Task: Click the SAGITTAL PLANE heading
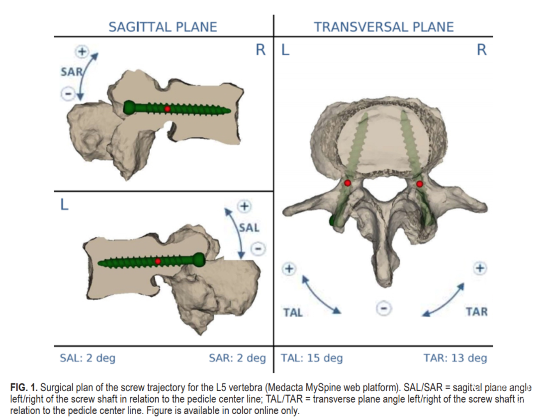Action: [x=163, y=27]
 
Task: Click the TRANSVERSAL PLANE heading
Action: [x=383, y=27]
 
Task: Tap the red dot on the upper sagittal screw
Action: [x=168, y=108]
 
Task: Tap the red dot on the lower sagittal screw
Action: [x=158, y=261]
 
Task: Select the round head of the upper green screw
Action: [x=129, y=107]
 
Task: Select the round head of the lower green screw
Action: [x=199, y=259]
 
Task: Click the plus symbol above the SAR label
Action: [x=81, y=51]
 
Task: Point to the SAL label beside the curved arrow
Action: [x=249, y=228]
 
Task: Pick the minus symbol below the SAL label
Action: [x=257, y=249]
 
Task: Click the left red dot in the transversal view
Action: [x=348, y=183]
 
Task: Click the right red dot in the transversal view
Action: [x=420, y=184]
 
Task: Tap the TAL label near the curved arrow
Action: [x=293, y=313]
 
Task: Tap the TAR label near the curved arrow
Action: [x=476, y=312]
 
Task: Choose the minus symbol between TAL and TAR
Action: [x=382, y=309]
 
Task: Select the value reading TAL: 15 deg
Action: [x=312, y=358]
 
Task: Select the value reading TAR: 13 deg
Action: [x=455, y=358]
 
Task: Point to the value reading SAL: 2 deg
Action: [x=88, y=358]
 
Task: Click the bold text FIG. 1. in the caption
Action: [x=24, y=387]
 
